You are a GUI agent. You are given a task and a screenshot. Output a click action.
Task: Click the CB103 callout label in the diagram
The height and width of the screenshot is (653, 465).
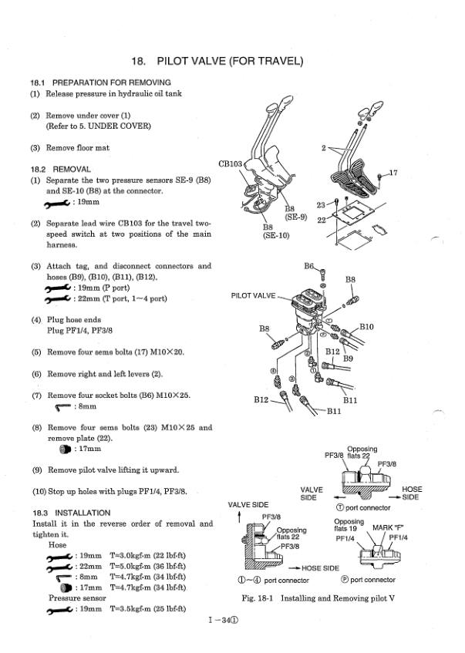click(231, 163)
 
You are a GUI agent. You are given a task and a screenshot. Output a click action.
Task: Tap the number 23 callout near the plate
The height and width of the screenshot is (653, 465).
click(322, 204)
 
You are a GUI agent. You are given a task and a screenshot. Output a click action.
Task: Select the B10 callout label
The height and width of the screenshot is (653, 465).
click(366, 327)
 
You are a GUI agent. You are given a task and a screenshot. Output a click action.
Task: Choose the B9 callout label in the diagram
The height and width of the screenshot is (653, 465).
click(349, 358)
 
